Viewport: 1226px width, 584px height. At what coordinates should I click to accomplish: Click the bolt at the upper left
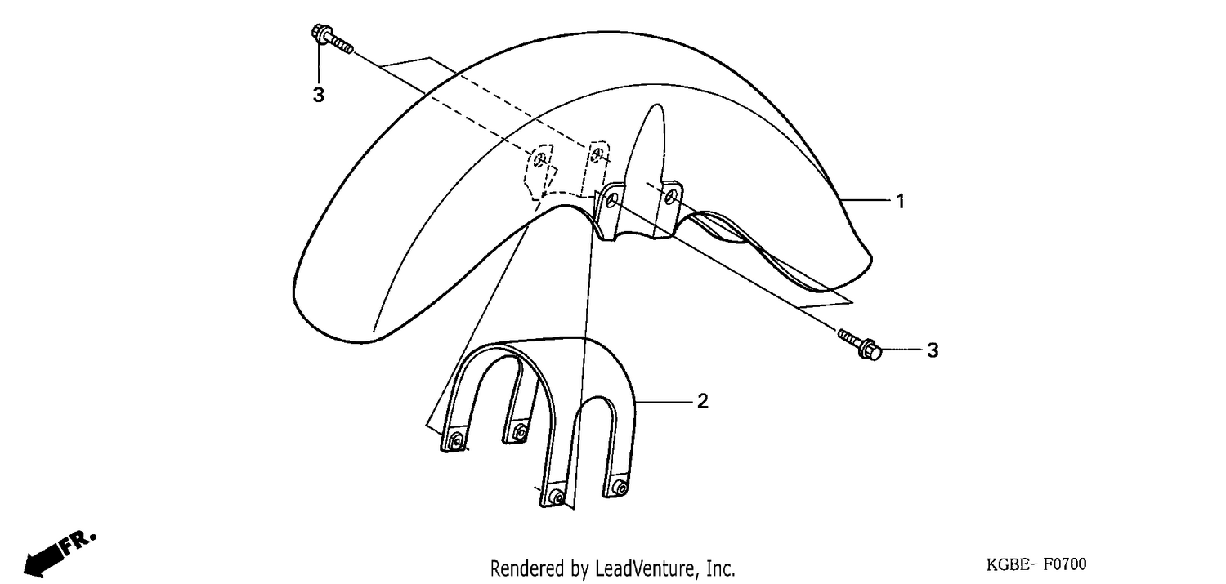click(332, 39)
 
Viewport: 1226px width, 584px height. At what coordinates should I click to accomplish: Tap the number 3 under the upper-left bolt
click(319, 95)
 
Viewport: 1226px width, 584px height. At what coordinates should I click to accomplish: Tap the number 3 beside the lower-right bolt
click(933, 350)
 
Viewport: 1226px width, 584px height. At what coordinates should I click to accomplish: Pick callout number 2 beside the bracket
click(703, 401)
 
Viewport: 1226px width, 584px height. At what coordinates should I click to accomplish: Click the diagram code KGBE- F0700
click(1036, 564)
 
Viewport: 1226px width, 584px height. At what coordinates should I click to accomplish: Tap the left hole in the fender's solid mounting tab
click(611, 199)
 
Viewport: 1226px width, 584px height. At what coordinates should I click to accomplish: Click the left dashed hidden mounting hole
click(539, 159)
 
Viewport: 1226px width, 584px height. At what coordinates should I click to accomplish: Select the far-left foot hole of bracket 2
click(454, 440)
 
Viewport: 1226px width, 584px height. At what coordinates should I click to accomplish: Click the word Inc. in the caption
click(721, 569)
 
